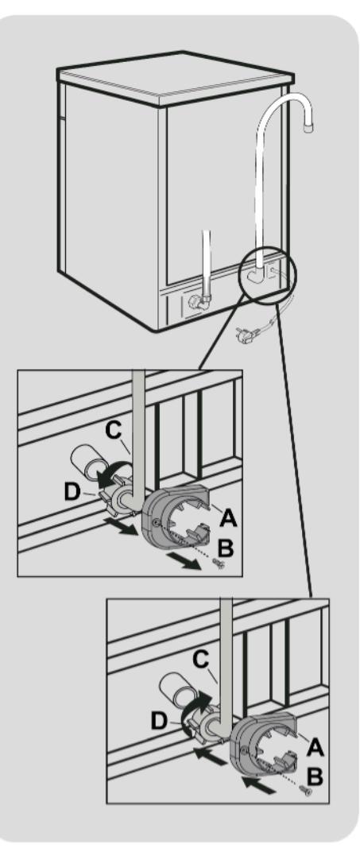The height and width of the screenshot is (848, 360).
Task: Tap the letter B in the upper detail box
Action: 225,548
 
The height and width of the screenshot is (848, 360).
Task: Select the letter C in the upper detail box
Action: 114,431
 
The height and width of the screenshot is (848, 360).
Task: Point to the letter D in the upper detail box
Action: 72,492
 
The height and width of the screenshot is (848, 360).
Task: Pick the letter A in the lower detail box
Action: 315,747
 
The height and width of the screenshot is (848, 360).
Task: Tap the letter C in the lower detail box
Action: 201,660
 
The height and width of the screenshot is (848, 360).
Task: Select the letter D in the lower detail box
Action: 160,721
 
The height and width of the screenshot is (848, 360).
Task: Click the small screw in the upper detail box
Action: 219,564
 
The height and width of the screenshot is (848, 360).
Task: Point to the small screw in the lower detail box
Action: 306,791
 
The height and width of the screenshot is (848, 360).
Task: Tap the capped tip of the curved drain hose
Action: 308,128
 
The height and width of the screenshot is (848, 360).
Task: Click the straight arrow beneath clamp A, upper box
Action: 184,560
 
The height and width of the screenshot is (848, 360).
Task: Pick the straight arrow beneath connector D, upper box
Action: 119,526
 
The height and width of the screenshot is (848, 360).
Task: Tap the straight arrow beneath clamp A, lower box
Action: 259,784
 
